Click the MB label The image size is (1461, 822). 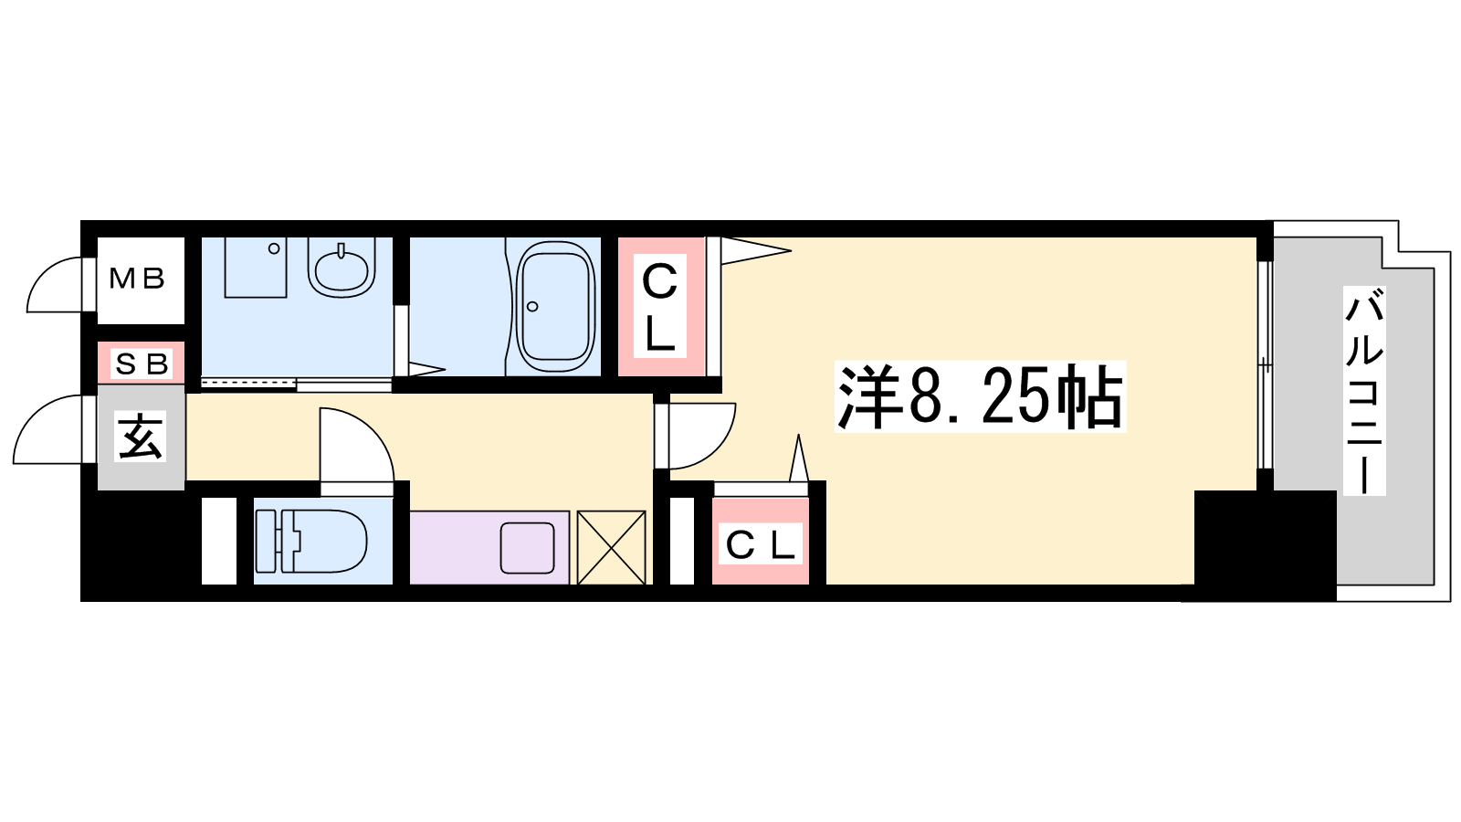137,279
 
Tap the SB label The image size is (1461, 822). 142,364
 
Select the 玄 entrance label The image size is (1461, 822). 140,436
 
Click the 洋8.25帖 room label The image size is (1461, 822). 981,396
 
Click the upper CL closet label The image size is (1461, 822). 660,306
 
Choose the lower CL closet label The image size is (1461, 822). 761,544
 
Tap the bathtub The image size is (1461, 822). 556,307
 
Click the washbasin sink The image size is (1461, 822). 342,269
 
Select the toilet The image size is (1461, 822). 311,542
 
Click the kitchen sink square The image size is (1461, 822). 527,548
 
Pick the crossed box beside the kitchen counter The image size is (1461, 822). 611,547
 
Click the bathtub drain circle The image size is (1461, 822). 532,307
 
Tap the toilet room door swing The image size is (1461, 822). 356,445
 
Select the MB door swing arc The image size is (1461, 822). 55,284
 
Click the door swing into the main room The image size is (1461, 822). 702,436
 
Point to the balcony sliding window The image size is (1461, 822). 1265,364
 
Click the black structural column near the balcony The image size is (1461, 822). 1265,545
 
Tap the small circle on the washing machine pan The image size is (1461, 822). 275,248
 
